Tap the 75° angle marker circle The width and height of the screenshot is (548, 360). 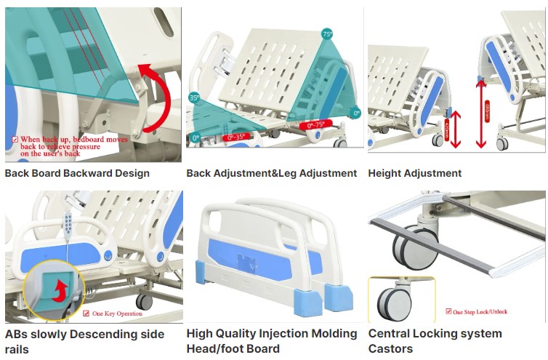coord(327,34)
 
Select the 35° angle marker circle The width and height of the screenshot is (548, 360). coord(194,97)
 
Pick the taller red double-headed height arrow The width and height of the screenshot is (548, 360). coord(480,113)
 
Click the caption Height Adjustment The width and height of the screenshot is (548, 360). coord(414,173)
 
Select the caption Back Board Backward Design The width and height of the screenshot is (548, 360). coord(77,173)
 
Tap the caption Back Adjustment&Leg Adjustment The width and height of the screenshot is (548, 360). coord(271,173)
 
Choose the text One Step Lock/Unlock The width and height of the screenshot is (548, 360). coord(480,311)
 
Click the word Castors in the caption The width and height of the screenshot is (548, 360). coord(390,348)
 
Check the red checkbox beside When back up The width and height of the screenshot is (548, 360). coord(15,139)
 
